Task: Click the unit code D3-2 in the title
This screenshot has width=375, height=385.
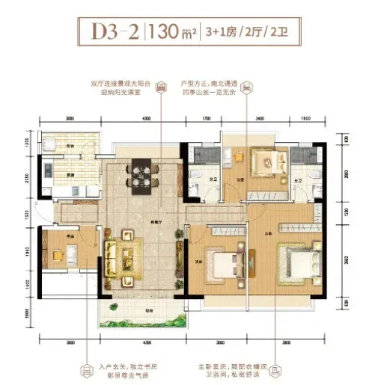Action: (x=113, y=33)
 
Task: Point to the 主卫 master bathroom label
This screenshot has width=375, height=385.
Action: (x=298, y=179)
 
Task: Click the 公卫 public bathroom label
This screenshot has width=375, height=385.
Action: (x=213, y=179)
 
